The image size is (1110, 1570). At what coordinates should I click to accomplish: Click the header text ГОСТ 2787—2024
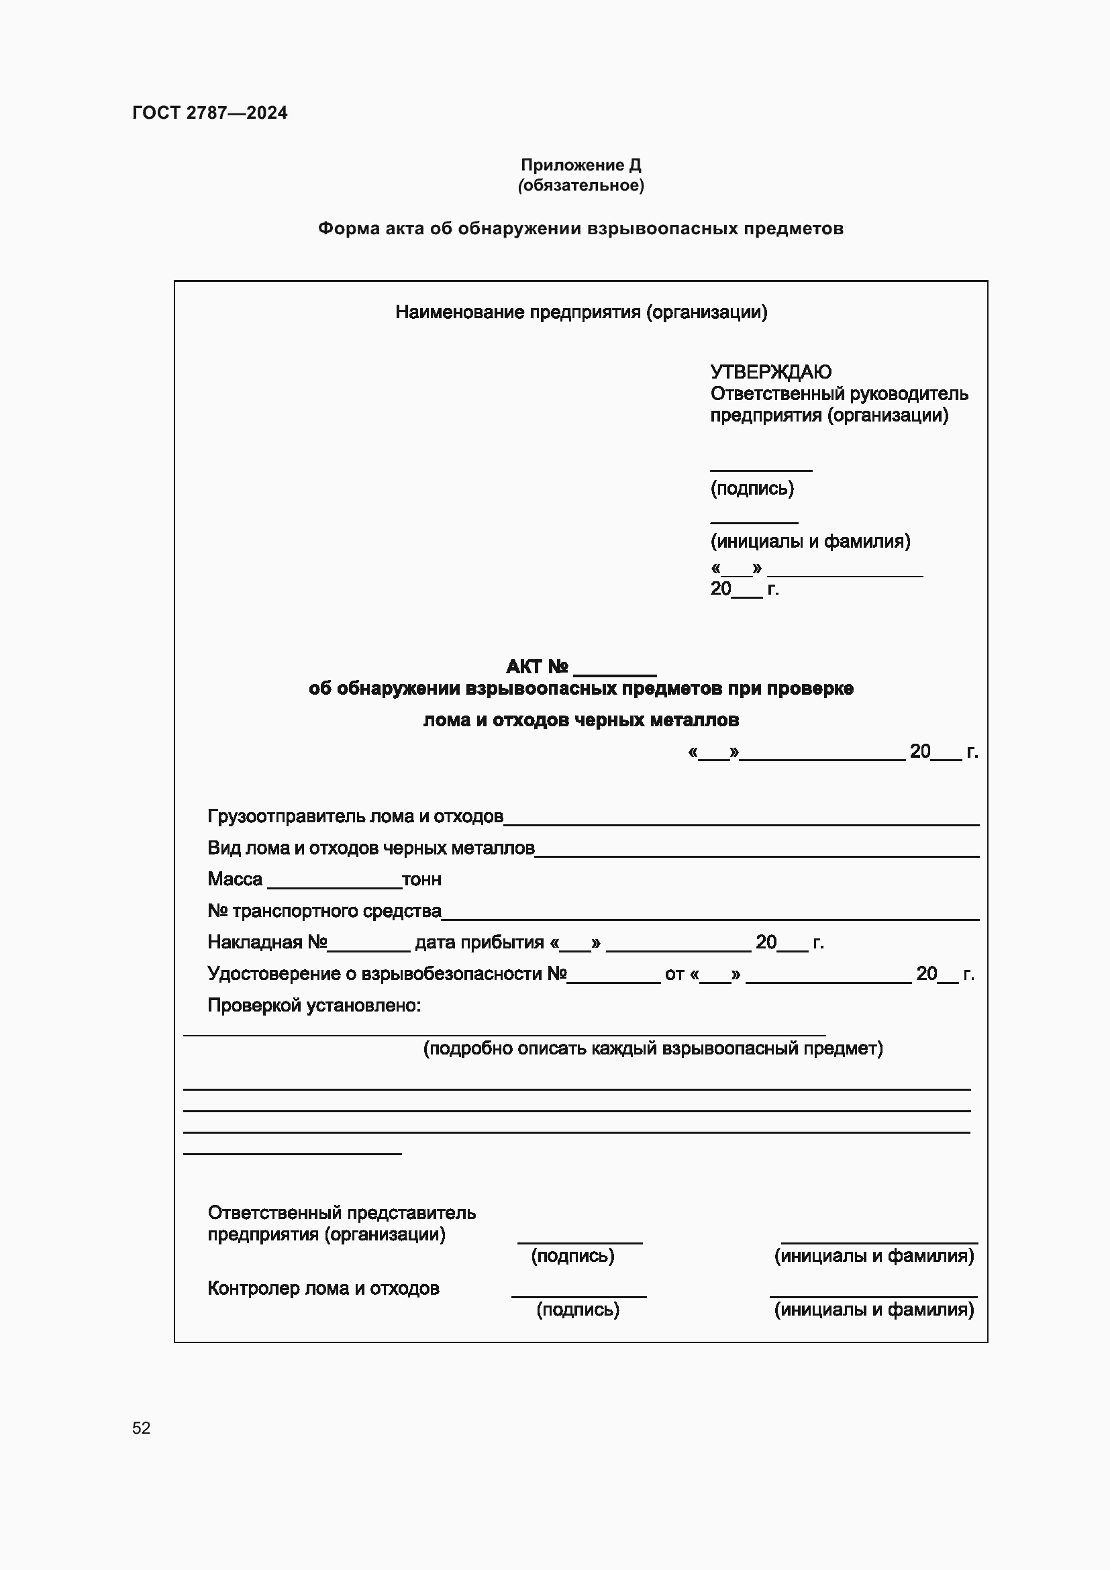[209, 113]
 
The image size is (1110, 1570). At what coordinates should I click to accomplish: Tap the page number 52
[141, 1428]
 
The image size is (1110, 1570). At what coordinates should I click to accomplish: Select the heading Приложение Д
[581, 165]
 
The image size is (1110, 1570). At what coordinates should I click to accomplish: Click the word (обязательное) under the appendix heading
[581, 185]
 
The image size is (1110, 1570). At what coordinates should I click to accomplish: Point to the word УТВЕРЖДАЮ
[770, 372]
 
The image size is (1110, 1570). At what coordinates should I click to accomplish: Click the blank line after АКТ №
[615, 670]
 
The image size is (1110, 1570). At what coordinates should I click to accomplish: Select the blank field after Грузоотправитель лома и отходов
[741, 819]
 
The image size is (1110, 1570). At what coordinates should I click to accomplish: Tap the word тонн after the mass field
[421, 879]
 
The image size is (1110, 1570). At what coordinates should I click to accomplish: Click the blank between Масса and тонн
[334, 882]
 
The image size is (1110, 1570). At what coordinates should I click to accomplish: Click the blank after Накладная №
[368, 945]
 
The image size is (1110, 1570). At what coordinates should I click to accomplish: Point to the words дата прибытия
[479, 942]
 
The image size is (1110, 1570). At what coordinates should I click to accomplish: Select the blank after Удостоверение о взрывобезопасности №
[613, 977]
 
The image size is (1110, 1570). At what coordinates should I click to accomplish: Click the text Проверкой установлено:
[313, 1005]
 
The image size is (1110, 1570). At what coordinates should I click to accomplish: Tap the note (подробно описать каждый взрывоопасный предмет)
[653, 1048]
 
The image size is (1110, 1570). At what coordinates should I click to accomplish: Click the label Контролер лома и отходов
[323, 1288]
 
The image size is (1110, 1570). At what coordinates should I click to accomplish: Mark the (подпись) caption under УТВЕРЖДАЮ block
[752, 488]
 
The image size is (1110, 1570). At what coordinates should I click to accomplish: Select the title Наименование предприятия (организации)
[581, 313]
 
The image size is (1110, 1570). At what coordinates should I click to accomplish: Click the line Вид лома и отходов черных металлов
[370, 848]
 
